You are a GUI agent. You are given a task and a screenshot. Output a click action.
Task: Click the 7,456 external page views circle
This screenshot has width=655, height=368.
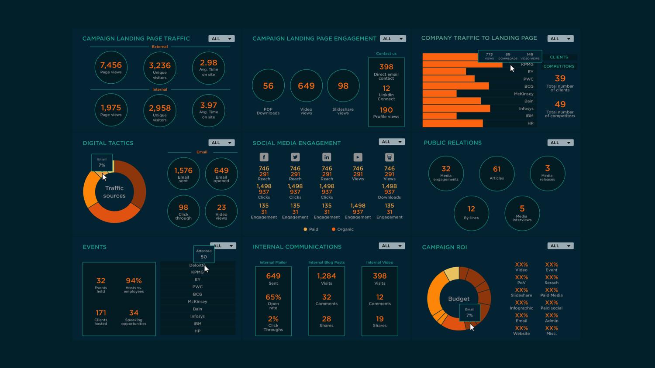111,67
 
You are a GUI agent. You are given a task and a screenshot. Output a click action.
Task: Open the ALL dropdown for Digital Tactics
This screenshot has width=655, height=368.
221,143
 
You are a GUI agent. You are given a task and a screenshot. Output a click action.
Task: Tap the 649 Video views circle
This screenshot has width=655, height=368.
306,86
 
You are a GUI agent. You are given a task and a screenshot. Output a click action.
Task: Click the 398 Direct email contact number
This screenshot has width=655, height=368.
386,67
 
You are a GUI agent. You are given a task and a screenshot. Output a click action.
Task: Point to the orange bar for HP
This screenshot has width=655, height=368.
452,123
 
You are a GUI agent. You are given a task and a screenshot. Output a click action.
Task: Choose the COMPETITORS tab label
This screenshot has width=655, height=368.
558,66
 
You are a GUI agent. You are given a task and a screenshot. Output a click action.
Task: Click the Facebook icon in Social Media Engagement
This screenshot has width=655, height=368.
264,157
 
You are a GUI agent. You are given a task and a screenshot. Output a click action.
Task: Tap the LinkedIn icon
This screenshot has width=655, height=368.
327,157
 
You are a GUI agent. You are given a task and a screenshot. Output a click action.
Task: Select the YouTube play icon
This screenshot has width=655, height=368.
358,157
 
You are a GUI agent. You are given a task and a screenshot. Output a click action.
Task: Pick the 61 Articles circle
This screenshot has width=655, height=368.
496,173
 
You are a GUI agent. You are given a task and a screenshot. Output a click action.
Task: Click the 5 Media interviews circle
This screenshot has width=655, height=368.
522,213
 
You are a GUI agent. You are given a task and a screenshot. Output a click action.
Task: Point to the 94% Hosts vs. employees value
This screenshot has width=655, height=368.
134,281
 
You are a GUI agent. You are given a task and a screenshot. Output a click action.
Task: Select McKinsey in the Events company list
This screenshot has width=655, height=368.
197,301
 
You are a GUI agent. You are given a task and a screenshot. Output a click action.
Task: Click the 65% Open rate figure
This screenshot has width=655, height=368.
273,297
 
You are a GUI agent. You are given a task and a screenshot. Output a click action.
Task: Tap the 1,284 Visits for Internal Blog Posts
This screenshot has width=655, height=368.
326,276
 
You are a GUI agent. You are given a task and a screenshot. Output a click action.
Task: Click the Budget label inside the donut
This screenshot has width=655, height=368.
458,299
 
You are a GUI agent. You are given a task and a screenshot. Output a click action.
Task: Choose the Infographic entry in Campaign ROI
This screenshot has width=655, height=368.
521,305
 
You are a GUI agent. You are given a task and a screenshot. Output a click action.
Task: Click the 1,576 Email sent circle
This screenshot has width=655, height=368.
183,173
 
